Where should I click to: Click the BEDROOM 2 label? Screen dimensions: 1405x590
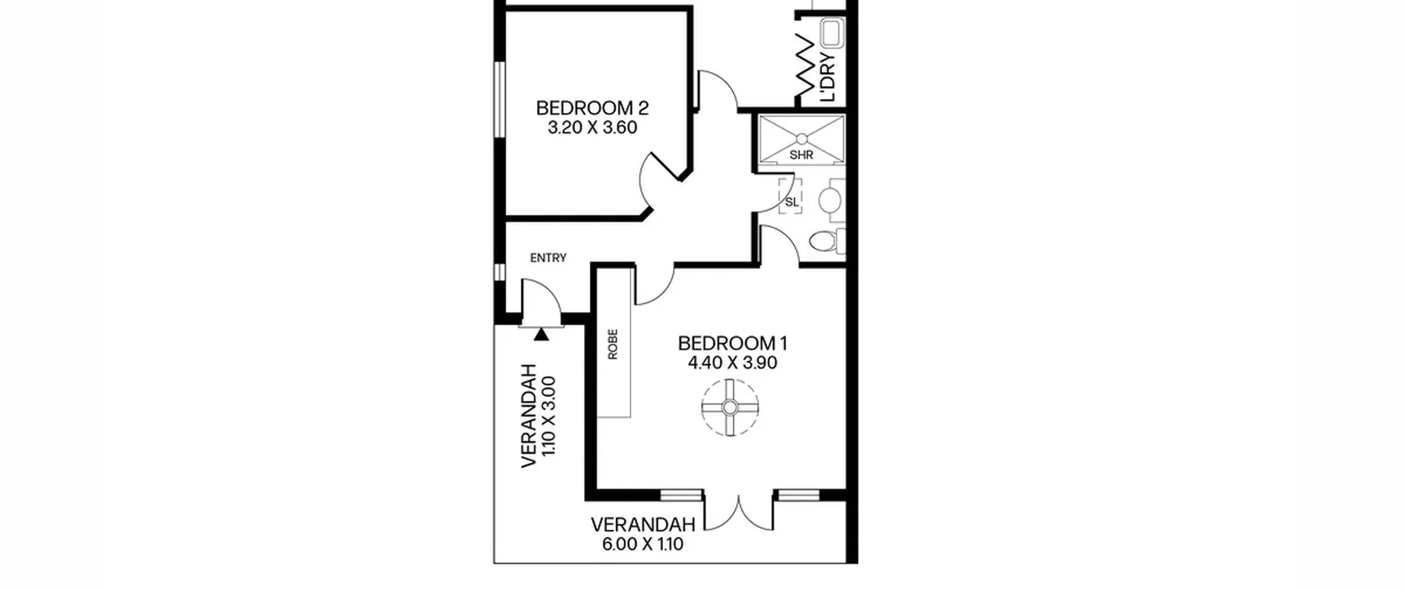tap(592, 108)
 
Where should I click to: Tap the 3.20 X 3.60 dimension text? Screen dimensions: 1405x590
tap(592, 127)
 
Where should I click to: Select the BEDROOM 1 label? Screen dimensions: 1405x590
tap(733, 343)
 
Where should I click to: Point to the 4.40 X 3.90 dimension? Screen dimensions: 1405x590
tap(733, 363)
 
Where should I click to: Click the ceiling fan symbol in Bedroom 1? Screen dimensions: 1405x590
tap(730, 407)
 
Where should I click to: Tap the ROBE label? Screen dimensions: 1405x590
tap(613, 344)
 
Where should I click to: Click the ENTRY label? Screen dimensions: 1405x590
tap(548, 257)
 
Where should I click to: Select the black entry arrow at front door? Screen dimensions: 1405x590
tap(541, 334)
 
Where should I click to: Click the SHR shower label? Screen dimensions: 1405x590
tap(801, 155)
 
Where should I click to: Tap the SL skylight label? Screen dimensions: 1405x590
tap(791, 202)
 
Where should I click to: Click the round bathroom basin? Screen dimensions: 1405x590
tap(830, 200)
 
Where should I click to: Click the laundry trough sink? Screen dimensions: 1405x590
tap(833, 33)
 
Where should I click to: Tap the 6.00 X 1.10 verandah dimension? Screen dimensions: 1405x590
tap(643, 544)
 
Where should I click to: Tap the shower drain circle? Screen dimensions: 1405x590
tap(802, 138)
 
